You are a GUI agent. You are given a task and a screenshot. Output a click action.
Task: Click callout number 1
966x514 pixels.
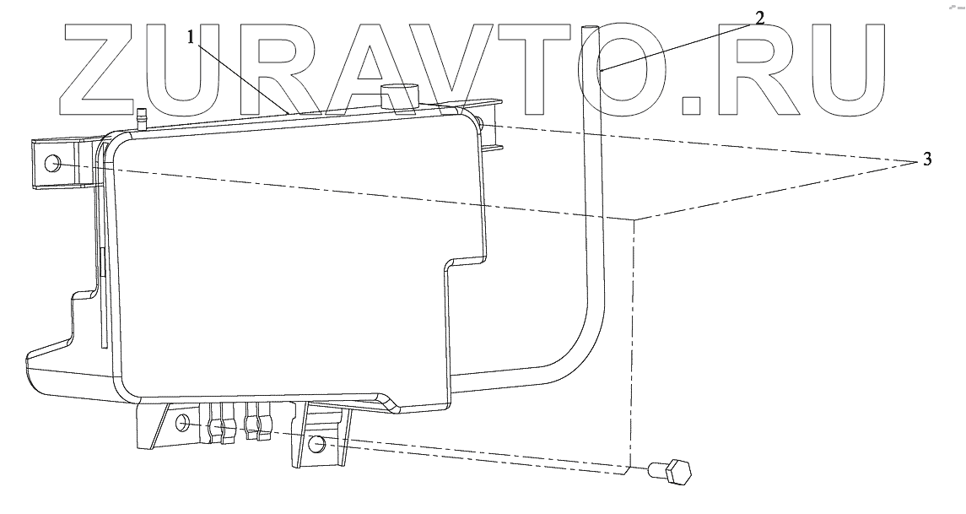tap(193, 38)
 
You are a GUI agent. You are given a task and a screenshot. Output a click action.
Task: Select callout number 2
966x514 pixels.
tap(759, 18)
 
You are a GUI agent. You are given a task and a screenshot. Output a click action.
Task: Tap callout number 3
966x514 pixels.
tap(927, 160)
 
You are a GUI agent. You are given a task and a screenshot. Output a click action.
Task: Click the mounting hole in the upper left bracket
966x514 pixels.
tap(53, 163)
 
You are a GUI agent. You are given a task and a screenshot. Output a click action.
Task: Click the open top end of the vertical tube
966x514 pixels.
tap(589, 28)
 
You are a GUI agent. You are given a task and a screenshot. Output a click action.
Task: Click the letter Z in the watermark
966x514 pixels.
tap(100, 70)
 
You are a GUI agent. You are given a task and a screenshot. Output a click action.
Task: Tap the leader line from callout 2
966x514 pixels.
tap(675, 44)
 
